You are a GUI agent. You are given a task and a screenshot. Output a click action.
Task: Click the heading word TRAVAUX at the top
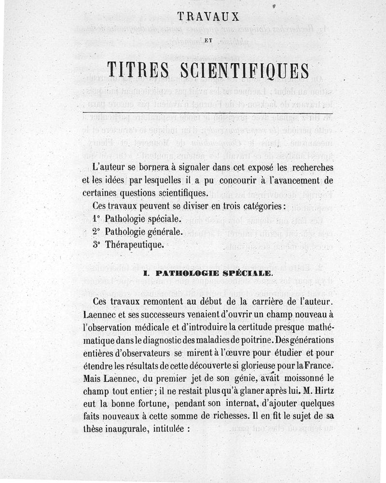[208, 16]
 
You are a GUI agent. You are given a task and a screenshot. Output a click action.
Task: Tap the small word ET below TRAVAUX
[208, 41]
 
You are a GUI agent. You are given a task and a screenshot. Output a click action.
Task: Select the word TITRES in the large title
[138, 70]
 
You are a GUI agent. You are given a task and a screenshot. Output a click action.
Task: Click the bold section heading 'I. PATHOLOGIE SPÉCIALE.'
[209, 273]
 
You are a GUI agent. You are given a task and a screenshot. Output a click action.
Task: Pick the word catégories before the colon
[258, 206]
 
